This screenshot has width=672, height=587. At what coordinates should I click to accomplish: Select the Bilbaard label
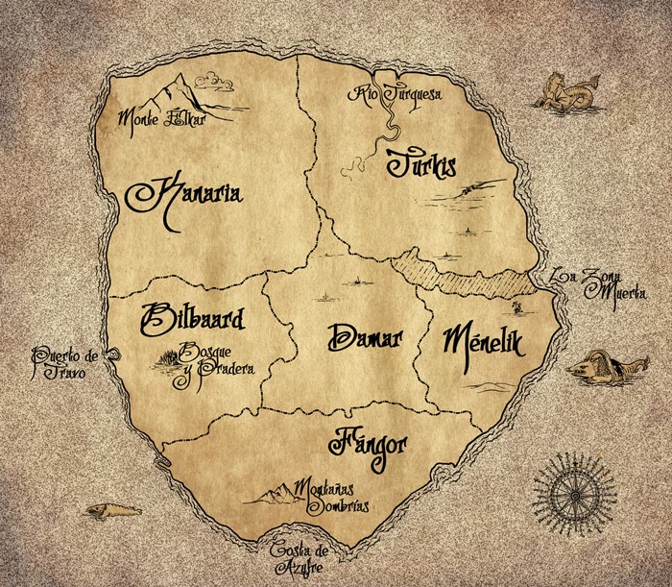pos(192,317)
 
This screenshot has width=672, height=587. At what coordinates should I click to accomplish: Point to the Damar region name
pos(364,338)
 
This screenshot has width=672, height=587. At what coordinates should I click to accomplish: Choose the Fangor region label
pos(370,443)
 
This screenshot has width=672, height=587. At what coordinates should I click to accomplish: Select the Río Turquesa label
pos(397,94)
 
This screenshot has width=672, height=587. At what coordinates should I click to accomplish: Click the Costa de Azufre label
pos(300,558)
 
